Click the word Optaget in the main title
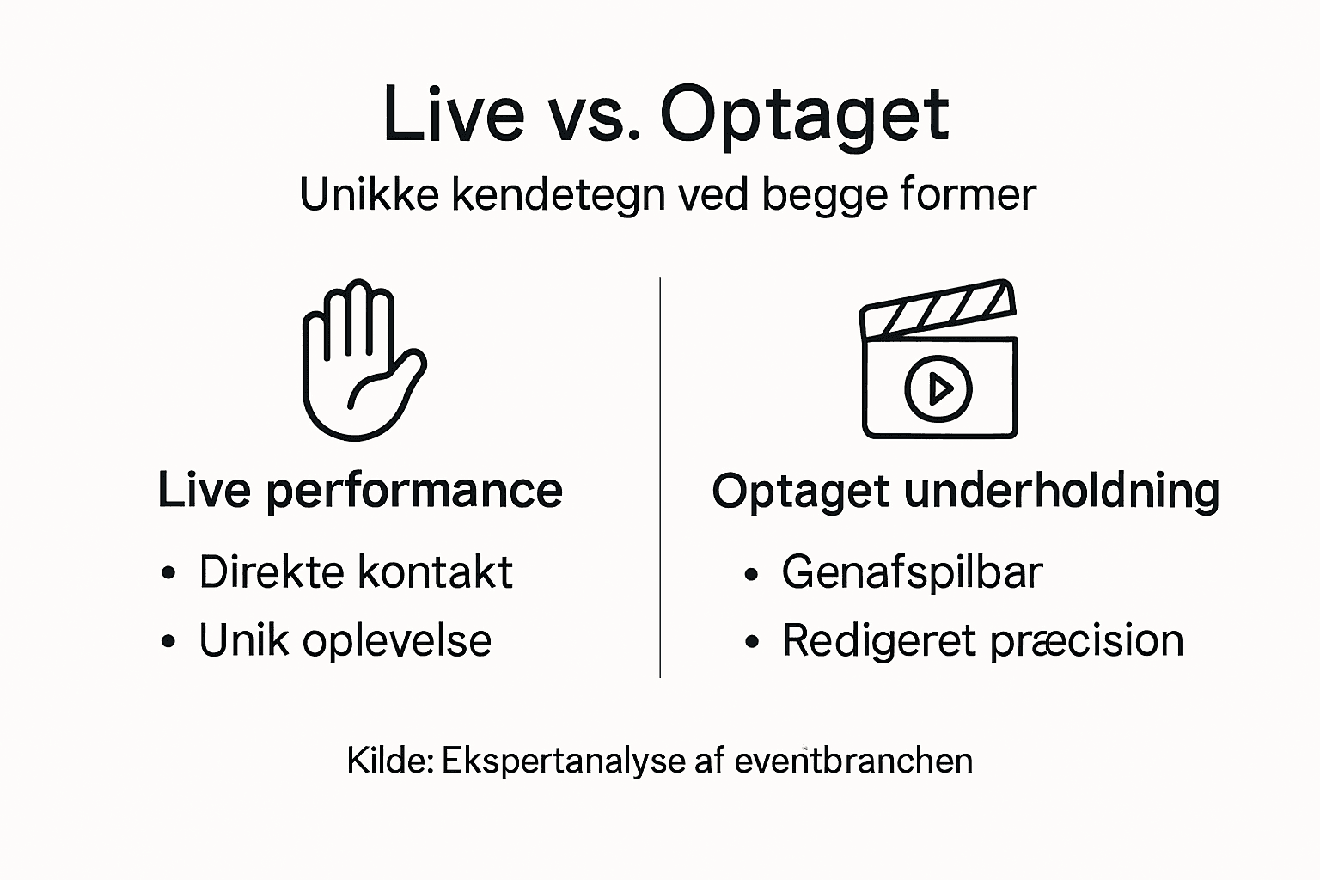pyautogui.click(x=804, y=115)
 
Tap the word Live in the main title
pyautogui.click(x=453, y=113)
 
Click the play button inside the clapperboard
pyautogui.click(x=938, y=389)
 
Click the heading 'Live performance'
pyautogui.click(x=360, y=492)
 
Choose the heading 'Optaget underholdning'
pyautogui.click(x=965, y=492)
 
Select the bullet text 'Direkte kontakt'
pyautogui.click(x=356, y=572)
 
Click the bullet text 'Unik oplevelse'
pyautogui.click(x=345, y=641)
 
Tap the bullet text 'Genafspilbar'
pyautogui.click(x=912, y=572)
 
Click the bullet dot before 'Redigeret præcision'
pyautogui.click(x=753, y=643)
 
